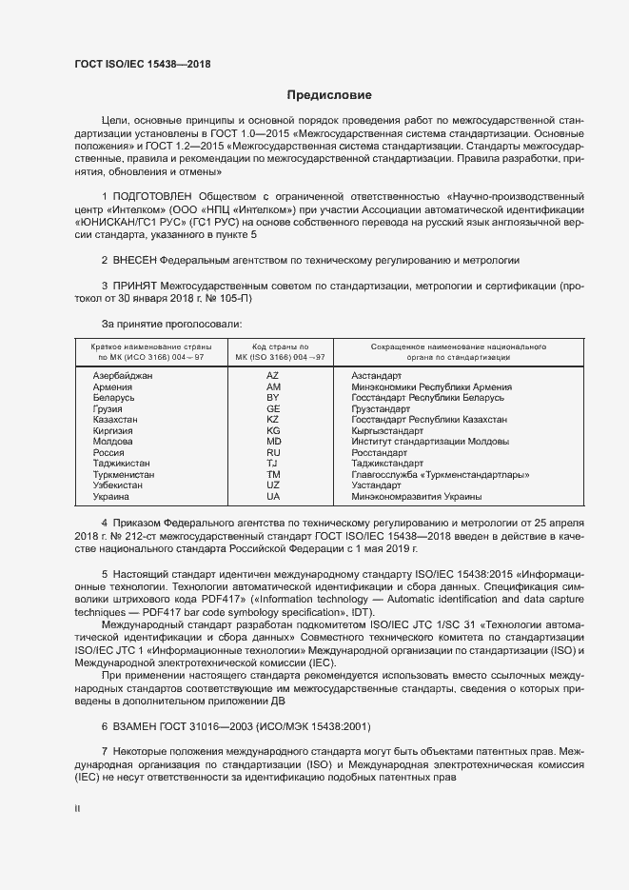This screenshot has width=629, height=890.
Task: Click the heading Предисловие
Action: [x=330, y=95]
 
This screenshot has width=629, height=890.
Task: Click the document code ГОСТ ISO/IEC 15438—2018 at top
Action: [x=142, y=65]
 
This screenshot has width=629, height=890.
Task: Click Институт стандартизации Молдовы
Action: [x=429, y=442]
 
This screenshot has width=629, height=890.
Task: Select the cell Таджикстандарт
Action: [x=392, y=464]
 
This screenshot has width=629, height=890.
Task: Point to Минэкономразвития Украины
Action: [x=416, y=496]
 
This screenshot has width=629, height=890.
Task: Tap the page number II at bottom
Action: [x=78, y=809]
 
